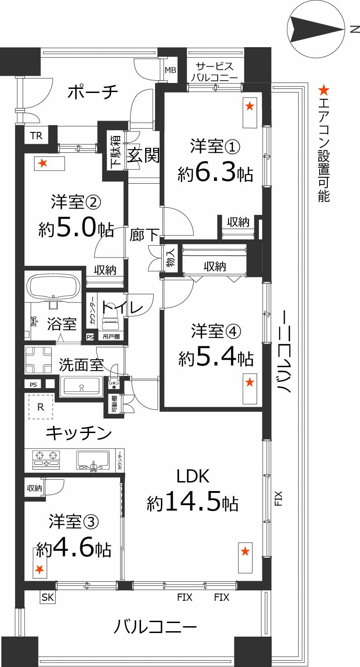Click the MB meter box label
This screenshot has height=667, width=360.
point(170,70)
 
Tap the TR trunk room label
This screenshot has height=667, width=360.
point(36,135)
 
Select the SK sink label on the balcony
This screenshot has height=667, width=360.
point(48,598)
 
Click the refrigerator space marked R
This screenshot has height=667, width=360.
point(41,407)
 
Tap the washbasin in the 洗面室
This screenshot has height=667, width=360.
point(82,386)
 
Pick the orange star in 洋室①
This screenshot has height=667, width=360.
point(249,107)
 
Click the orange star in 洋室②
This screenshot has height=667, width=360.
point(43,163)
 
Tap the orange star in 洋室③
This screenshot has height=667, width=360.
point(40,569)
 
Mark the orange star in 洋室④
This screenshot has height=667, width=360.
point(249,383)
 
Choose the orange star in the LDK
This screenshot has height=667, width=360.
point(245,551)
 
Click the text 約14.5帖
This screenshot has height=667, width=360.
point(193,502)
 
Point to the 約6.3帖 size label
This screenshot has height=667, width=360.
point(215,173)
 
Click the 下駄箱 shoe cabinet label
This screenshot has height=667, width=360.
point(115,151)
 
